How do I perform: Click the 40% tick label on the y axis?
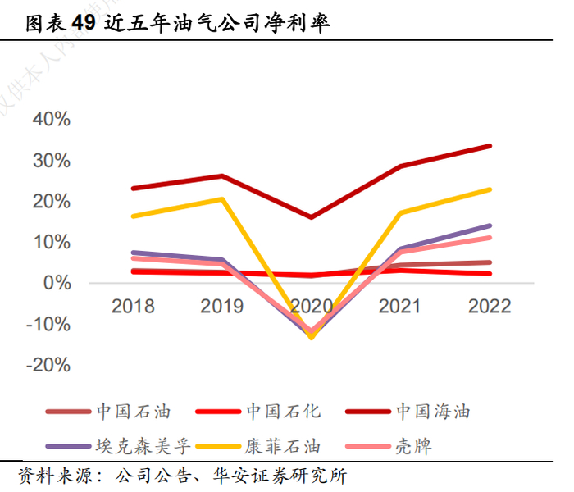tap(51, 119)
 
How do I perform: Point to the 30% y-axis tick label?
tap(51, 160)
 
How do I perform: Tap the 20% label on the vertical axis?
tap(51, 201)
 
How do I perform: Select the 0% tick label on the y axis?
tap(57, 283)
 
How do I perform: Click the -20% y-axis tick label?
tap(48, 365)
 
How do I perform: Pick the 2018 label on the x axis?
tap(133, 306)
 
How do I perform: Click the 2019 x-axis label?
tap(221, 306)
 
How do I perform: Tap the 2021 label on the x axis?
tap(400, 306)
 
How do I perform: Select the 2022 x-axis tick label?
tap(490, 306)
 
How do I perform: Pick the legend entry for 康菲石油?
tap(283, 447)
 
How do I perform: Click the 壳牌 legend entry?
tap(413, 447)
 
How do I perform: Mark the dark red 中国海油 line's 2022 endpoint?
tap(490, 146)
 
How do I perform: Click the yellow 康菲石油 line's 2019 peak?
tap(222, 198)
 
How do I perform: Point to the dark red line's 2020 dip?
tap(311, 217)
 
